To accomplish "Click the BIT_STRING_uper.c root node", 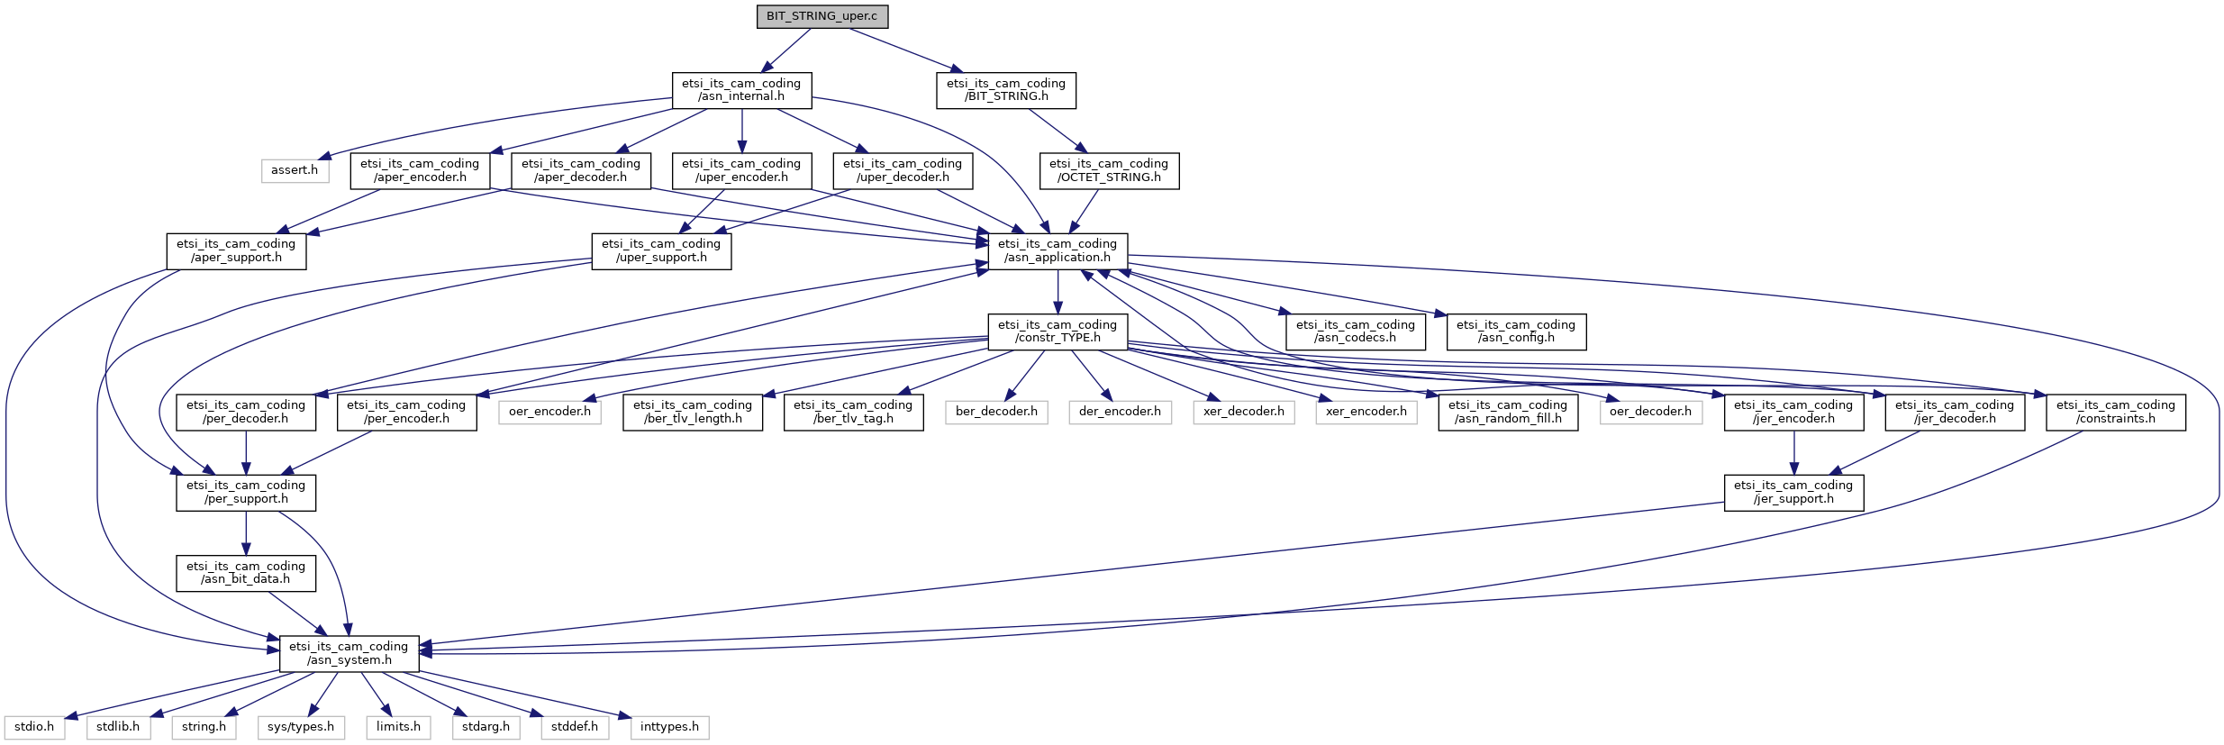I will coord(822,16).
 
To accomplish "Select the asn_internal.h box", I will coord(741,90).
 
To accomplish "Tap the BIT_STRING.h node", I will coord(1006,90).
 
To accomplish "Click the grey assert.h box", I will coord(295,170).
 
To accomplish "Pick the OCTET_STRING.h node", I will coord(1109,170).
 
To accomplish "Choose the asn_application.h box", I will coord(1058,250).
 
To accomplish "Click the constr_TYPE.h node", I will coord(1058,332).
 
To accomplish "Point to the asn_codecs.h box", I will coord(1356,332).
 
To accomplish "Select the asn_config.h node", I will coord(1516,332).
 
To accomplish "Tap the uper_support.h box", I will coord(661,250).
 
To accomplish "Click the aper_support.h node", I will coord(236,250).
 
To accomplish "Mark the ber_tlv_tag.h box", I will coord(853,412).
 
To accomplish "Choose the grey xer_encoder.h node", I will coord(1366,412).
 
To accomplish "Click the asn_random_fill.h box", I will coord(1508,412).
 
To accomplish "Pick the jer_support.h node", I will coord(1793,492).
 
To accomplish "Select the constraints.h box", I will coord(2116,412).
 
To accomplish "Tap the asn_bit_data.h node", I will coord(246,573).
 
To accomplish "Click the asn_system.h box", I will coord(349,653).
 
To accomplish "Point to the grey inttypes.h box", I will coord(669,727).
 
